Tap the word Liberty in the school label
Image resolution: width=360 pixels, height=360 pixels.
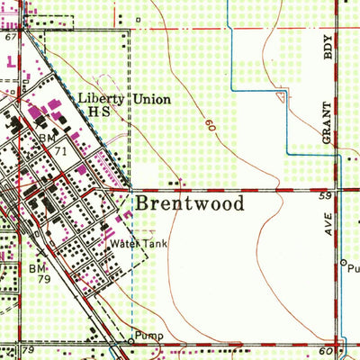point(98,99)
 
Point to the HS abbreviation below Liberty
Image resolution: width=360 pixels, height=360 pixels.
point(97,113)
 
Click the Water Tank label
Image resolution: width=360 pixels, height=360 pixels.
point(134,243)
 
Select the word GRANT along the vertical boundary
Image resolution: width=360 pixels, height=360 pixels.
point(328,119)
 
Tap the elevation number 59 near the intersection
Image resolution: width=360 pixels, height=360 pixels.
point(327,194)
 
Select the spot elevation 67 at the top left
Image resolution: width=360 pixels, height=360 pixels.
point(10,38)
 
